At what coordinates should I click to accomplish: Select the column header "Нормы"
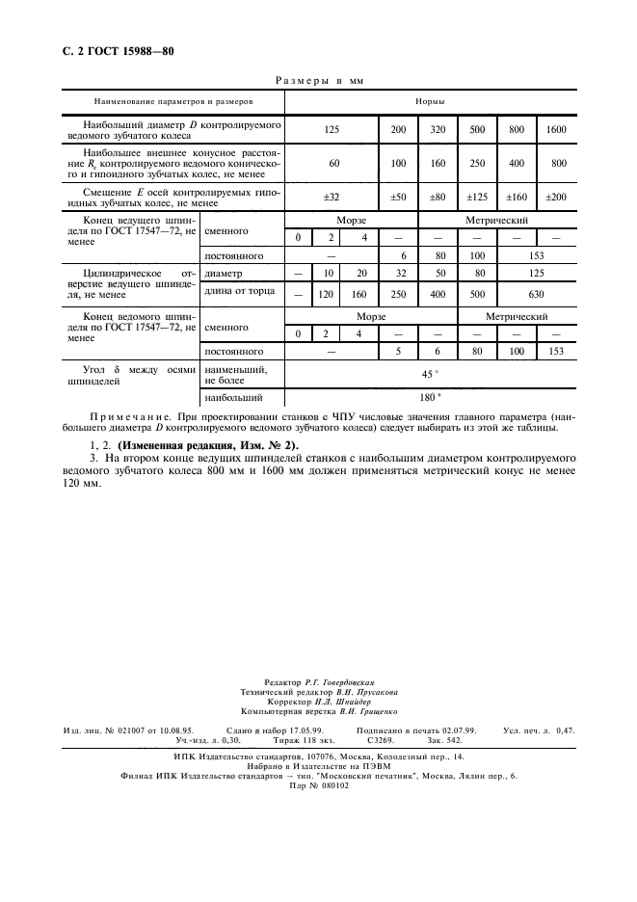click(430, 100)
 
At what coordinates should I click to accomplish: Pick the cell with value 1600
click(556, 128)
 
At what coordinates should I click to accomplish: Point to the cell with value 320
click(438, 128)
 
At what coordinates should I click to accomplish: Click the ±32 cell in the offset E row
click(333, 197)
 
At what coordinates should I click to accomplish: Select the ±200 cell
click(556, 197)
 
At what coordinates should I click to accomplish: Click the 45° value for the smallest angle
click(430, 374)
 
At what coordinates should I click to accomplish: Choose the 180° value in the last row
click(430, 397)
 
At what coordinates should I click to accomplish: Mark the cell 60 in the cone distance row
click(333, 163)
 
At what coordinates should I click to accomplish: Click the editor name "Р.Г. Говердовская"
click(345, 681)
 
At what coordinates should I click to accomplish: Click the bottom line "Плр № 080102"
click(318, 784)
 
